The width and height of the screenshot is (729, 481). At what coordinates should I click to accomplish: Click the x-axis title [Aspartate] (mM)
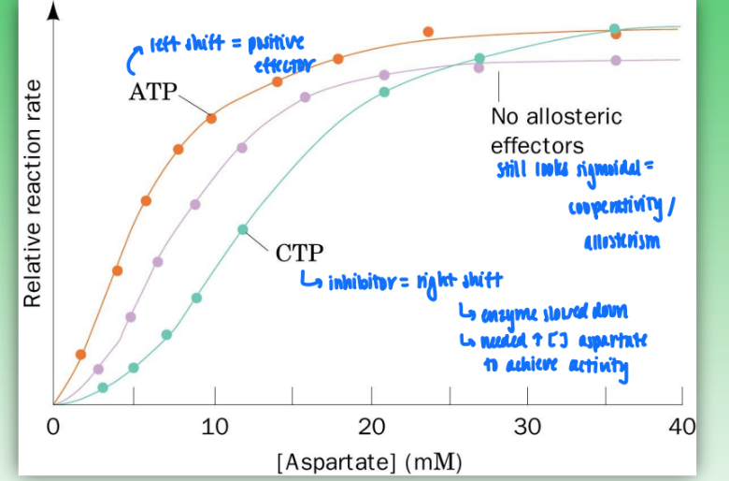[368, 460]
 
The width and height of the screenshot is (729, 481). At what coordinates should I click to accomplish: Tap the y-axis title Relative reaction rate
[33, 193]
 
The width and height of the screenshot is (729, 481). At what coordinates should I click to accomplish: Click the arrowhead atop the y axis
[54, 11]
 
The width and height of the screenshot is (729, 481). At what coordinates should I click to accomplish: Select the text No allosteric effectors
[555, 131]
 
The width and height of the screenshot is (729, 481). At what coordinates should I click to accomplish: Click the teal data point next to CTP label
[243, 229]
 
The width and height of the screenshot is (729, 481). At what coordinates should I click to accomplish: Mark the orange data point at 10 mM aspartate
[212, 118]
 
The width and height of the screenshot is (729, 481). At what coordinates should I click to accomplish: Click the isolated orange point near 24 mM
[428, 32]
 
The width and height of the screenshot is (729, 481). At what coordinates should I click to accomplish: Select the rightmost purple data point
[615, 60]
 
